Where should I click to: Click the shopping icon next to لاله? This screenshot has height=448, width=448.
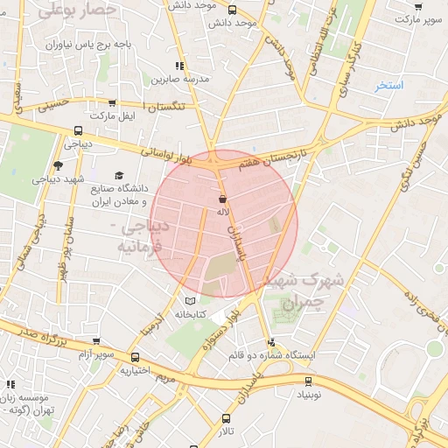click(223, 199)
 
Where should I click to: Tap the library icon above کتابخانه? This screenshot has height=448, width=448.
click(191, 301)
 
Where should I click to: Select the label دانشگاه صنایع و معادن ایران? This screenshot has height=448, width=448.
click(115, 194)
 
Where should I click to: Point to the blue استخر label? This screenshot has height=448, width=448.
click(388, 86)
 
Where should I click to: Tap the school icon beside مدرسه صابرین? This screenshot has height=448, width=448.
click(180, 66)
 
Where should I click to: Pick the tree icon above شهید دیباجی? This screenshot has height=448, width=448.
click(58, 164)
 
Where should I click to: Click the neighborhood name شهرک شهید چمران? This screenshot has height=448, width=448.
click(303, 290)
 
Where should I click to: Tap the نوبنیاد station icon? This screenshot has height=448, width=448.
click(307, 381)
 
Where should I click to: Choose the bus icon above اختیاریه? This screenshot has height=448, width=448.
click(135, 357)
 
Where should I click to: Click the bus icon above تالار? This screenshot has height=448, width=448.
click(227, 418)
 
